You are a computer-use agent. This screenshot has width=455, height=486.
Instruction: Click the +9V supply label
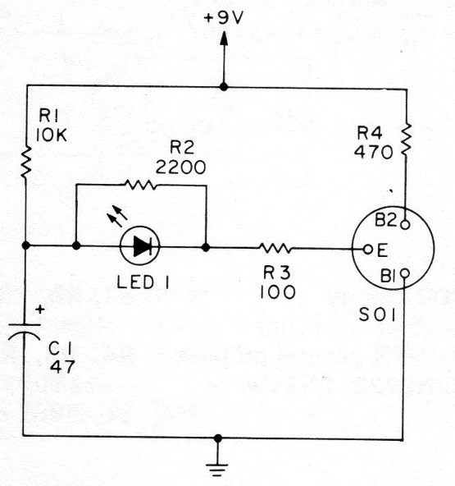tap(224, 19)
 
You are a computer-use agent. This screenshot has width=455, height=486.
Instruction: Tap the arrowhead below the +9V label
tap(224, 39)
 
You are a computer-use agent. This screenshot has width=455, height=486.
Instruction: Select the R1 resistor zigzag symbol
tap(26, 162)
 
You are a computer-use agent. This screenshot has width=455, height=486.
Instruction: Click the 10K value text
tap(51, 135)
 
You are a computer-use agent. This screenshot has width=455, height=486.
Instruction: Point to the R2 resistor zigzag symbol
tap(140, 185)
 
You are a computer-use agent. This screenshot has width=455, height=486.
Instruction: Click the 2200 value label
tap(180, 167)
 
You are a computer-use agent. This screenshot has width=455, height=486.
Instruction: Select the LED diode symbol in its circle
tap(140, 245)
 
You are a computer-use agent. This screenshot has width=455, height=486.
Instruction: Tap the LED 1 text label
tap(143, 282)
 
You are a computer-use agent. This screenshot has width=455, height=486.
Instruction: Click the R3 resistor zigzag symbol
tap(275, 248)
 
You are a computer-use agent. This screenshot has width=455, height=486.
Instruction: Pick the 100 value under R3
tap(278, 292)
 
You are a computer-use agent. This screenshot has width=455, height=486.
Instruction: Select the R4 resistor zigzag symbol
tap(407, 140)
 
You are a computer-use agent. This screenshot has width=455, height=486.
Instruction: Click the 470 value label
tap(373, 153)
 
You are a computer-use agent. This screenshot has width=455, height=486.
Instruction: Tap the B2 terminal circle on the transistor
tap(405, 224)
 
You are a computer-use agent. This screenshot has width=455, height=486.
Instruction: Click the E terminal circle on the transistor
tap(368, 250)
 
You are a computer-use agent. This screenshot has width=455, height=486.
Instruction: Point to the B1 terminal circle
tap(405, 273)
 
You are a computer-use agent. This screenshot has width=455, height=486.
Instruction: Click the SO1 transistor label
tap(377, 315)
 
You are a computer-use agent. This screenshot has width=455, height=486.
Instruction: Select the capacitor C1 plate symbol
tap(24, 332)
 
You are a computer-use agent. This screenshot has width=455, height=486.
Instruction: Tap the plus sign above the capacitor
tap(40, 309)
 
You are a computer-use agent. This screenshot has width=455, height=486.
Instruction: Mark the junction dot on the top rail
tap(224, 87)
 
